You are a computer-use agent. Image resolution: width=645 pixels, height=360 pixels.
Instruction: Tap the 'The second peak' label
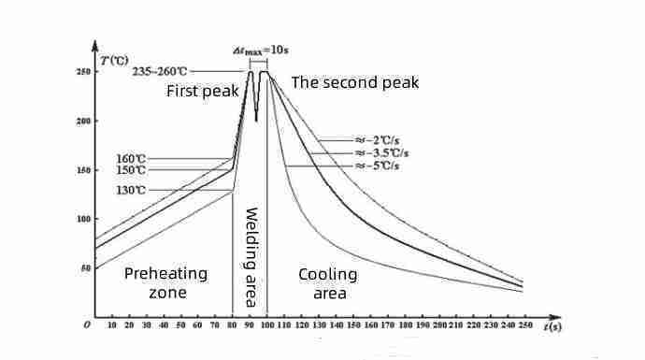tap(355, 82)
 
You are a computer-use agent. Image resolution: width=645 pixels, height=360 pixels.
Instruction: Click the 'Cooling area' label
tap(327, 283)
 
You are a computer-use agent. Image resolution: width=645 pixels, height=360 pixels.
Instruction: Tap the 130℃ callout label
tap(132, 190)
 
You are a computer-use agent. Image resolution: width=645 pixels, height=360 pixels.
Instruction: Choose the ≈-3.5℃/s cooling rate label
tap(380, 152)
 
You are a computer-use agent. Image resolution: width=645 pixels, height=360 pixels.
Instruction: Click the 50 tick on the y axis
tap(85, 268)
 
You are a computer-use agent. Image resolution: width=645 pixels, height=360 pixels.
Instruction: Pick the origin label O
tap(86, 324)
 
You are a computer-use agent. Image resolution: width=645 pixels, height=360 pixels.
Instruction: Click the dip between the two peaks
tap(256, 119)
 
